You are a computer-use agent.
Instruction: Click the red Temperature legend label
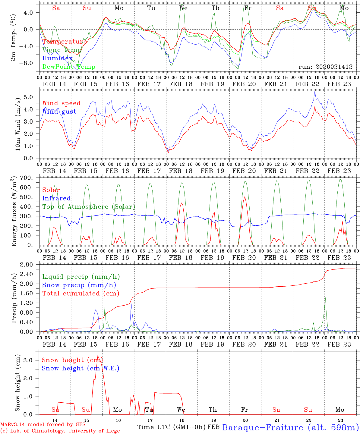[65, 42]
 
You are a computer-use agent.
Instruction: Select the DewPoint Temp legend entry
[69, 67]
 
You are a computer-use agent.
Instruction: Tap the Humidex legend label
[57, 58]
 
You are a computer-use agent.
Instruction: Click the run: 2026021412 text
[326, 67]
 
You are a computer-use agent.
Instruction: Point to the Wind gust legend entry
[59, 112]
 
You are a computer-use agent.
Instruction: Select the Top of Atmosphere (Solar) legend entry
[89, 207]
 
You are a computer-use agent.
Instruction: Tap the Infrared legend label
[56, 198]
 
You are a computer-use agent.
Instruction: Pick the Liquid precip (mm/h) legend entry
[81, 277]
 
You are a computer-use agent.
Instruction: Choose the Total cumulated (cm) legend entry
[81, 294]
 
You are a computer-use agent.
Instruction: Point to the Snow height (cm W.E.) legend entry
[81, 368]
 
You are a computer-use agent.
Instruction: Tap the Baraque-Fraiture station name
[290, 427]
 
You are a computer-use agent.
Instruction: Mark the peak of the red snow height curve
[97, 356]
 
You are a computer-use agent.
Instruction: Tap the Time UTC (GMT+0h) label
[171, 427]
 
